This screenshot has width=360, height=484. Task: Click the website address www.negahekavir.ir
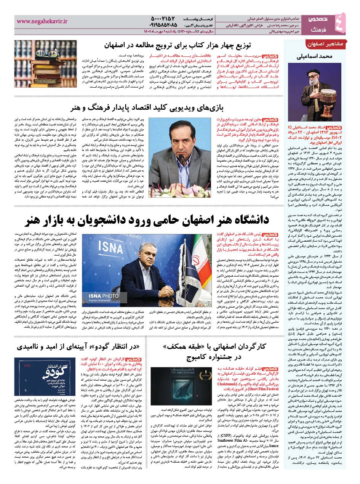point(42,22)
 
